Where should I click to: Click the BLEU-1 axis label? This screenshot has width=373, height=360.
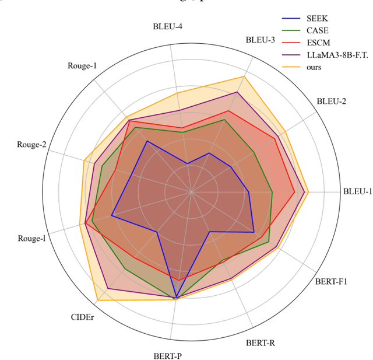click(357, 191)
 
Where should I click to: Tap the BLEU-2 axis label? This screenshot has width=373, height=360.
click(331, 102)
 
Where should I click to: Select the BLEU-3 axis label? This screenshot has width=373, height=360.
click(260, 40)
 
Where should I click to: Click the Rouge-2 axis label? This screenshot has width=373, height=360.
click(31, 145)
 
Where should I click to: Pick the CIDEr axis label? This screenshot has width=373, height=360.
click(82, 317)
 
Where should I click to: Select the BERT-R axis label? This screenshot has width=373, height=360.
click(260, 342)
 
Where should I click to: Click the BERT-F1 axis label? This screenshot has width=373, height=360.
click(331, 282)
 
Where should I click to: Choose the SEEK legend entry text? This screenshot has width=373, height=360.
click(317, 18)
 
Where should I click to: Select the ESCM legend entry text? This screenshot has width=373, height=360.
click(318, 43)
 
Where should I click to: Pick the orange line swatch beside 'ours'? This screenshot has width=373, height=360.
click(291, 67)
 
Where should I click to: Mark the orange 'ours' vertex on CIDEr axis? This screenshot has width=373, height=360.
click(97, 300)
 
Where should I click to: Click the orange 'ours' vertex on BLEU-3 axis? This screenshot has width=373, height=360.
click(244, 76)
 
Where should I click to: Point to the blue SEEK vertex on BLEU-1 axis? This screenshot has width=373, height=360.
click(249, 191)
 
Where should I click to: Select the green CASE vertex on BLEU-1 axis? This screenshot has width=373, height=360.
click(272, 191)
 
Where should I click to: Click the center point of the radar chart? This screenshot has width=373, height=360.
click(191, 191)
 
